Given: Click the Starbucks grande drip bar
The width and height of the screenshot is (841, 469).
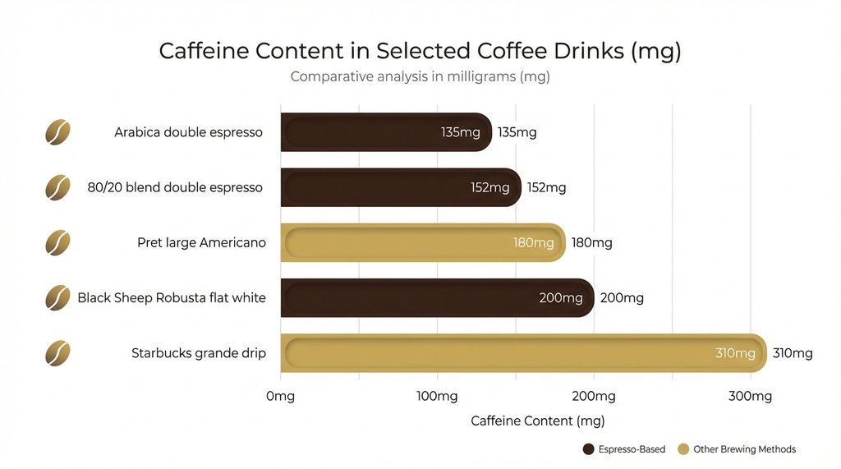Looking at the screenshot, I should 523,353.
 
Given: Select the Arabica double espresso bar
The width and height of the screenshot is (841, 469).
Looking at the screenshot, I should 386,132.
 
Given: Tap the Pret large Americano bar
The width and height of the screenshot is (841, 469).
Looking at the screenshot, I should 423,243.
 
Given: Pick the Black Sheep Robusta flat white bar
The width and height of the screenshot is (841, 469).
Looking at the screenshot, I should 437,298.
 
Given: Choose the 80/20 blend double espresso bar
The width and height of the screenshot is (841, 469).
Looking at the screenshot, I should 401,187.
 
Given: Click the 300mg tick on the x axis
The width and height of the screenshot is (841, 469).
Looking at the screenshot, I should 751,397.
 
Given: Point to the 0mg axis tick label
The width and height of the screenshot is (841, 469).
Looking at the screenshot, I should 280,397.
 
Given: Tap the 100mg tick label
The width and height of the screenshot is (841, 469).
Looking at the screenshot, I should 437,397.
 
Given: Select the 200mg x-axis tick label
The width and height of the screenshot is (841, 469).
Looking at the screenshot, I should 594,397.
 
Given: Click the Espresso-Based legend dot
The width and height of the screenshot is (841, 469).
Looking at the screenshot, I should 588,449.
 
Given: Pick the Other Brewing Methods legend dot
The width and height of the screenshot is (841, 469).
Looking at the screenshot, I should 682,449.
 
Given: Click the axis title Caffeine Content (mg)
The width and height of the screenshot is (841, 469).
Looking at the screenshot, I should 537,421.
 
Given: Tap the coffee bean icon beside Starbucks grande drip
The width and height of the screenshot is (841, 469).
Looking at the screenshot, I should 57,353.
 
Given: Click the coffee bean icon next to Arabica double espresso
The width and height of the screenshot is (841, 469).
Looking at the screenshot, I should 57,132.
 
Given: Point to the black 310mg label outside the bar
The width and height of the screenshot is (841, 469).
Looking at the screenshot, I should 793,354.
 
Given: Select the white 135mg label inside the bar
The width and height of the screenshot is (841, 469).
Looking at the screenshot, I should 461,132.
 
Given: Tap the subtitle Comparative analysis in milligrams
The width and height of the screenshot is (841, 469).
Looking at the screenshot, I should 420,77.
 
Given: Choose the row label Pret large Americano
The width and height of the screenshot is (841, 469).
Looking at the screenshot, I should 201,243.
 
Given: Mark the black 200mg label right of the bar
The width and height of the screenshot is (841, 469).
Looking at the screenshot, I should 622,298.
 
